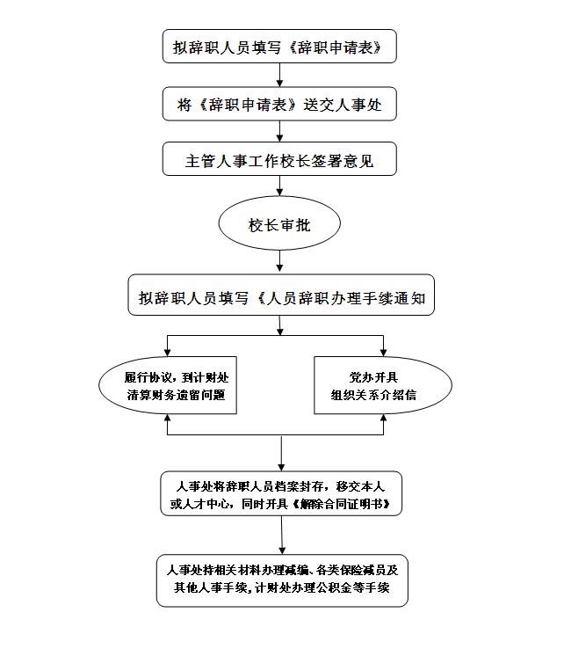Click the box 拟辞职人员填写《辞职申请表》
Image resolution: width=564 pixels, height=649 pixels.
(279, 46)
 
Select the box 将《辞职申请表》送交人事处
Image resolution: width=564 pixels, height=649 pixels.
(279, 104)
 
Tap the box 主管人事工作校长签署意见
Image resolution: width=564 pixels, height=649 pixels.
(279, 159)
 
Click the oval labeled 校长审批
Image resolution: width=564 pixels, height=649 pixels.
(279, 223)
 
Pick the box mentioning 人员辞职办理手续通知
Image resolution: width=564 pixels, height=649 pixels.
(281, 295)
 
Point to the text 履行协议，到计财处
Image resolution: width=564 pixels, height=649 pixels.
(177, 377)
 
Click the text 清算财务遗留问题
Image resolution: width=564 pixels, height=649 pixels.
(177, 395)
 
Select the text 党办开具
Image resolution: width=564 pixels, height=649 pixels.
(373, 377)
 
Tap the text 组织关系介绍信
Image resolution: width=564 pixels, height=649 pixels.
(373, 395)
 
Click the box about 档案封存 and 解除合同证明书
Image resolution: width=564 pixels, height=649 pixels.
(281, 493)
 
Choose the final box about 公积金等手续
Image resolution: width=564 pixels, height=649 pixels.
(282, 580)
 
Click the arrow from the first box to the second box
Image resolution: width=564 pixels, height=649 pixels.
(280, 75)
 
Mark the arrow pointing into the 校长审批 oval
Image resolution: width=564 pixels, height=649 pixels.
(280, 186)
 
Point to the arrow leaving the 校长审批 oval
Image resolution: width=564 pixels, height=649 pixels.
(280, 262)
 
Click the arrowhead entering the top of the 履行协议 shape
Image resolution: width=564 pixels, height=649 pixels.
(168, 353)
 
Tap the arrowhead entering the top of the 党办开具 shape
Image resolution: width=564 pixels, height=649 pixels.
(383, 353)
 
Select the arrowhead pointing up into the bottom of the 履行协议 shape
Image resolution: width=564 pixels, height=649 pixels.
(168, 418)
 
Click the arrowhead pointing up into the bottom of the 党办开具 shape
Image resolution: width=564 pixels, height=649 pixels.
(383, 418)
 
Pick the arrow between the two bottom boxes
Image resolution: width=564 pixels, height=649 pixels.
(282, 536)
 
